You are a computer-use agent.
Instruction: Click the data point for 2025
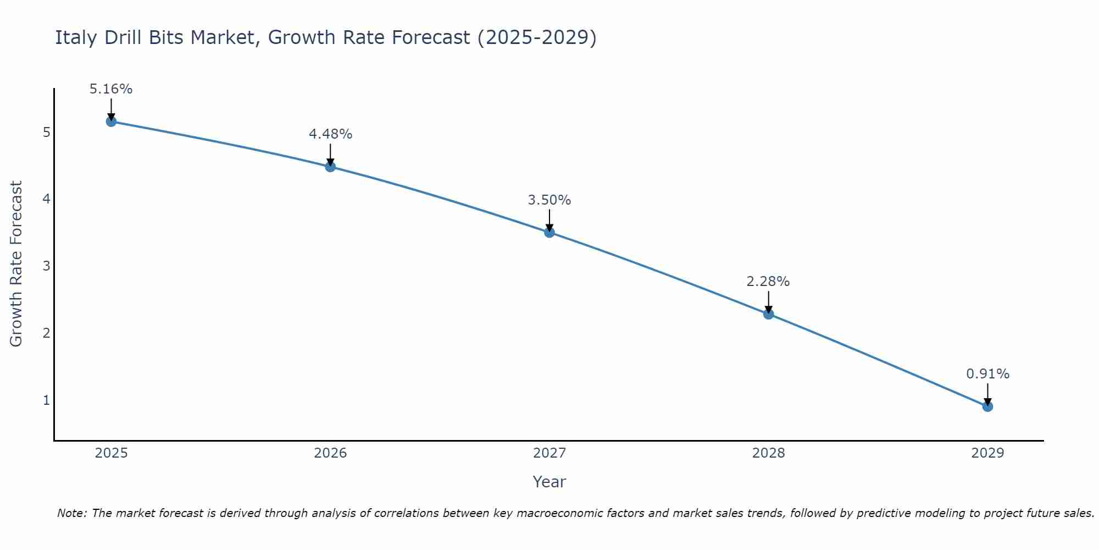(111, 122)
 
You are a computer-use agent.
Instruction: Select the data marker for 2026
(330, 167)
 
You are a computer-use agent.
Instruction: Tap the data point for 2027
(549, 232)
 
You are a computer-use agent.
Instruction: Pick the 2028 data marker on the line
(768, 314)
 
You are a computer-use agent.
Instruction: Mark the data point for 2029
(987, 406)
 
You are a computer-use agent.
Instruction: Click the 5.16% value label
(111, 89)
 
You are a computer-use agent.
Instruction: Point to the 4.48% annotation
(330, 134)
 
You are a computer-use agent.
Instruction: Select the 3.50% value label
(549, 200)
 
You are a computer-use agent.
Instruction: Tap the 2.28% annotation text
(768, 282)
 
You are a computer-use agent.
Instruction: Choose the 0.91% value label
(987, 374)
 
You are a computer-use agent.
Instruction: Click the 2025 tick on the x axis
(111, 453)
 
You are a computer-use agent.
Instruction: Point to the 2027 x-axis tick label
(549, 453)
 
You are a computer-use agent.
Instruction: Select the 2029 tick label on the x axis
(987, 453)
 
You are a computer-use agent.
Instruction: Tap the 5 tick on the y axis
(46, 133)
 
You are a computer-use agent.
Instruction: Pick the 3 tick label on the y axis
(46, 266)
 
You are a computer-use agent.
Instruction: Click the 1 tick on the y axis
(46, 400)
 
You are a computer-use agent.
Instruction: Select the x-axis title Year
(549, 482)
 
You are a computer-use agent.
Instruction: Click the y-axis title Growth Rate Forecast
(16, 264)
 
